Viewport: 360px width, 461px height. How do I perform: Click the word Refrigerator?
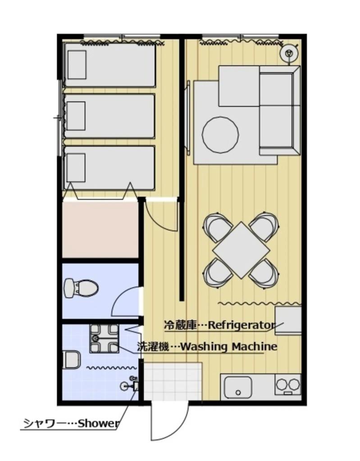[242, 325]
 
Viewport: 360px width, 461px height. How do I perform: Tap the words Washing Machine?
[228, 347]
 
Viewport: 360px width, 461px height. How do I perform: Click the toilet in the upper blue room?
[81, 288]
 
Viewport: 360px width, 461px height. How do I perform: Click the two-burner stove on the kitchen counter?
[288, 384]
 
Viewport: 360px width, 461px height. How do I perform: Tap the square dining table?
[242, 250]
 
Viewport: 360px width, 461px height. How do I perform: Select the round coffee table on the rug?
[220, 135]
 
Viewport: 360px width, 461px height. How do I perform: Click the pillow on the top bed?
[77, 65]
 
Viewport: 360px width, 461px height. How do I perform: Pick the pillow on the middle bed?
[76, 116]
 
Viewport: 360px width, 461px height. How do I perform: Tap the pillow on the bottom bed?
[76, 167]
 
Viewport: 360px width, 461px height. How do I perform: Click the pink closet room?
[100, 230]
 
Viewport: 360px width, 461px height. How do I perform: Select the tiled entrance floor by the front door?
[173, 381]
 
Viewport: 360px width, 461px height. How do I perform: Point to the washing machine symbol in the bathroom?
[104, 339]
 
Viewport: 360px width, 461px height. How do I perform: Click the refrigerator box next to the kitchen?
[288, 321]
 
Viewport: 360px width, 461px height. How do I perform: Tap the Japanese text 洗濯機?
[153, 347]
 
